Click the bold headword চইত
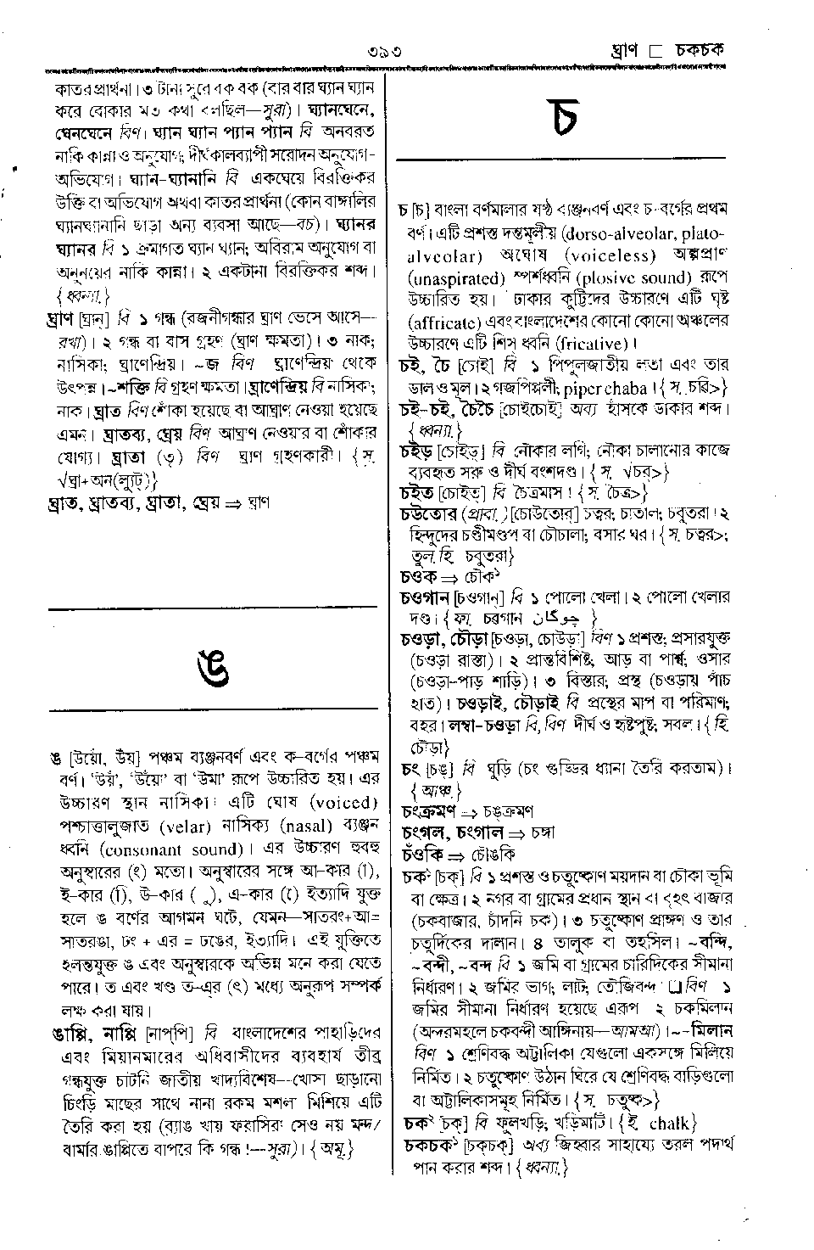pyautogui.click(x=417, y=491)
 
